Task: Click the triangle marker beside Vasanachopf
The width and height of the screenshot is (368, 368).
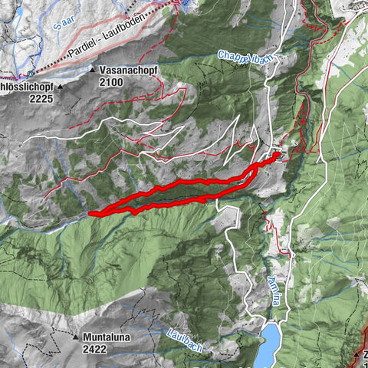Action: click(93, 70)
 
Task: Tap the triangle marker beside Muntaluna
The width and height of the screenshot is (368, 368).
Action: click(77, 337)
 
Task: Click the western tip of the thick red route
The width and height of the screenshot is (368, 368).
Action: click(90, 213)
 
